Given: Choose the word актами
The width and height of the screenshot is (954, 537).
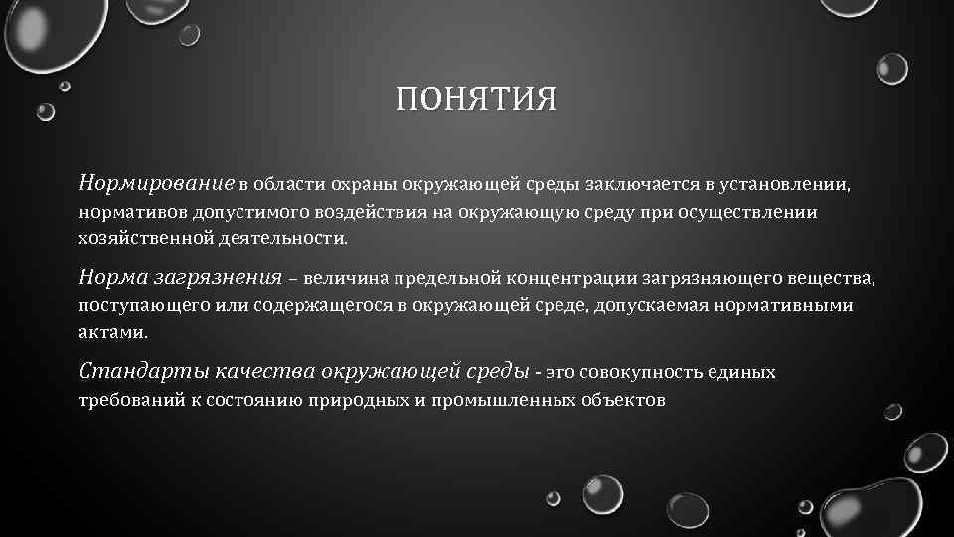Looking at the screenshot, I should (112, 333).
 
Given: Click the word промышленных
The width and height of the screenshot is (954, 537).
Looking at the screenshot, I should (510, 401).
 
